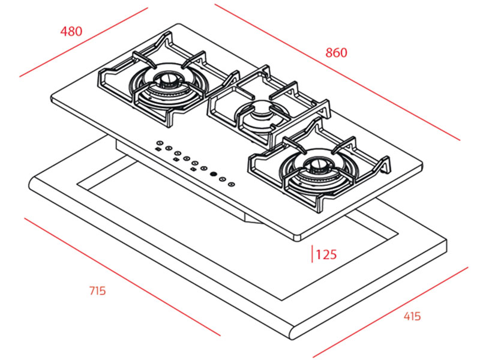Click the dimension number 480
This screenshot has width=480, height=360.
click(71, 31)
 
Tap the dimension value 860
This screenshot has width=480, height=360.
click(336, 52)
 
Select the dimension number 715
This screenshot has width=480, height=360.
click(97, 290)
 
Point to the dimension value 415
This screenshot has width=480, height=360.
click(411, 316)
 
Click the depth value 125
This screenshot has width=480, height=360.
click(326, 254)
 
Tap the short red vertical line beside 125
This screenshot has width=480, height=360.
click(311, 254)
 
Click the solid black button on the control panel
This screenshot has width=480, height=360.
click(213, 174)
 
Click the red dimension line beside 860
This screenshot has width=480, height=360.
click(336, 72)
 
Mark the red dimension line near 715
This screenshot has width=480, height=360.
click(120, 275)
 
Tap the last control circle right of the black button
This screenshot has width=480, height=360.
click(230, 180)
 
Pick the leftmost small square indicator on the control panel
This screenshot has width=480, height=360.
click(157, 149)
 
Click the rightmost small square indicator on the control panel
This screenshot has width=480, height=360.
click(193, 169)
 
